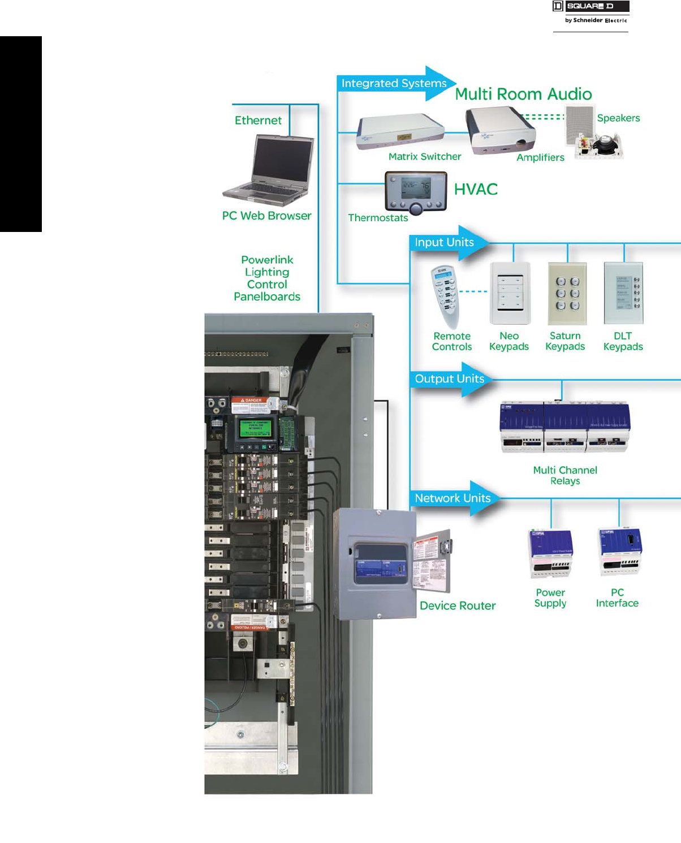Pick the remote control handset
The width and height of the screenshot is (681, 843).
click(445, 294)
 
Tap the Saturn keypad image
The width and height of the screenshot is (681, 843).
click(567, 293)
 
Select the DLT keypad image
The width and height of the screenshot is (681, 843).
click(623, 293)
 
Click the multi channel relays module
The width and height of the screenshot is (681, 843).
click(564, 427)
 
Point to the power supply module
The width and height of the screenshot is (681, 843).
click(550, 553)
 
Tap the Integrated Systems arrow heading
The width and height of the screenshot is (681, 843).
click(395, 83)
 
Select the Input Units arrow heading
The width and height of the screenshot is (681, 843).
click(445, 242)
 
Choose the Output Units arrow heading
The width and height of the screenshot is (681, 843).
click(450, 379)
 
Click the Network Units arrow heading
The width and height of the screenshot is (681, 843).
click(453, 498)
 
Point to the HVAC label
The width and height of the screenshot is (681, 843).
click(476, 189)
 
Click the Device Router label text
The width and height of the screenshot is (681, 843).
click(458, 605)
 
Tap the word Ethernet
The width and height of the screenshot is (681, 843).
click(258, 120)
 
